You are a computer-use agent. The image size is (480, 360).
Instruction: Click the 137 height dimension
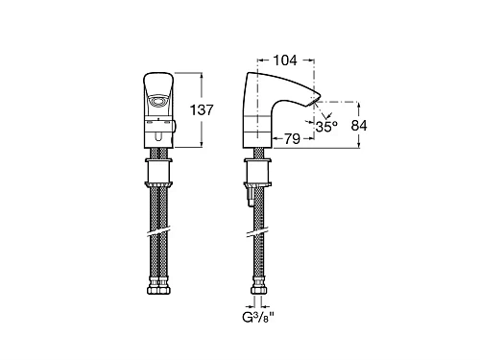tap(223, 110)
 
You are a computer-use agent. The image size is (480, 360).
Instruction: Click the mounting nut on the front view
tap(158, 173)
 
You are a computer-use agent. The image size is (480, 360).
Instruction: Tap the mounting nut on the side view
tap(257, 173)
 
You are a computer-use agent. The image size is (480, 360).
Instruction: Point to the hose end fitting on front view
tap(158, 287)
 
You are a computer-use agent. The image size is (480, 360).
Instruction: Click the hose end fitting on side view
tap(257, 287)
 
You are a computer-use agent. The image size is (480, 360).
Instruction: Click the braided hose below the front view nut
tap(158, 206)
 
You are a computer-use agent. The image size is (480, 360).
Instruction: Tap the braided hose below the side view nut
tap(257, 206)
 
